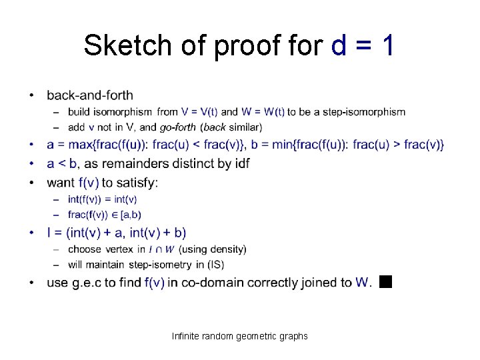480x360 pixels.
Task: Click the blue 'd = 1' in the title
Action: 363,45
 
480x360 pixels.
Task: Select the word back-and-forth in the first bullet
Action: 90,95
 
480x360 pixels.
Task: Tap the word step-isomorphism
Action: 364,112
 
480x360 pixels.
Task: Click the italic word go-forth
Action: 178,127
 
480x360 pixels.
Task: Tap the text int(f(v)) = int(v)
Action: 103,199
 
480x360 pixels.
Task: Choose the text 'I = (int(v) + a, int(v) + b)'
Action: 117,233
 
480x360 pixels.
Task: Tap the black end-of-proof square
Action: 385,281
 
